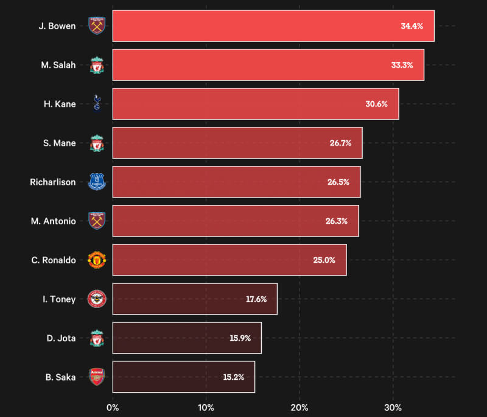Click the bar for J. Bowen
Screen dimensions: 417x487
[273, 26]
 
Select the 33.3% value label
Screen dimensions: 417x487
[402, 65]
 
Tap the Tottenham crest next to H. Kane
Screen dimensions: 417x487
[97, 104]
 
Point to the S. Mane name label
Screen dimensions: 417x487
[60, 143]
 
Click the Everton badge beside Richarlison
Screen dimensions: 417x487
[97, 182]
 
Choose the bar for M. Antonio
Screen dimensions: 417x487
[236, 221]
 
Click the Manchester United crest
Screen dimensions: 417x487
[97, 260]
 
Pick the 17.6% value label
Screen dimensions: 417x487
[256, 299]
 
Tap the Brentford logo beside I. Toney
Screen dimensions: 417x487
[97, 299]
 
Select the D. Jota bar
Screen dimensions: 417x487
[187, 338]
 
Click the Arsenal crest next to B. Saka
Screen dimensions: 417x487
[97, 377]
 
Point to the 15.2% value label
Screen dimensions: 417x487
[233, 377]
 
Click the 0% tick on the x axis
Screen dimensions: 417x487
[113, 407]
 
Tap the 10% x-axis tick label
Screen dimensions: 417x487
[206, 407]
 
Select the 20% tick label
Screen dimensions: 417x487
[300, 407]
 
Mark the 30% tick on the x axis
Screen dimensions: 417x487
[393, 407]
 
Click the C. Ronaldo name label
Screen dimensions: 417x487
[54, 260]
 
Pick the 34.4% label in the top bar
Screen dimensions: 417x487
[412, 26]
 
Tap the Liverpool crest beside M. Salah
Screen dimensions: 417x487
[97, 65]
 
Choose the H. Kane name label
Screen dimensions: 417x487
[60, 104]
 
